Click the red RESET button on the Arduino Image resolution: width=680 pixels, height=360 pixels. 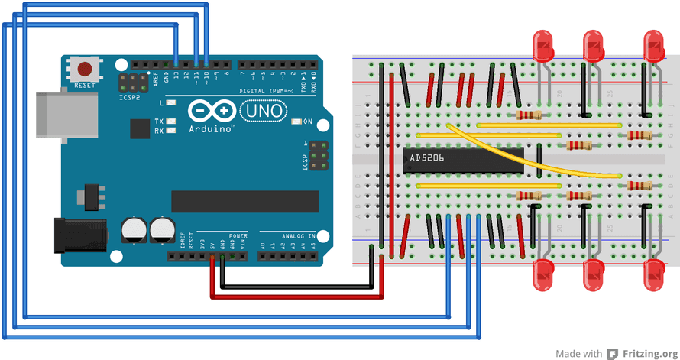click(x=83, y=70)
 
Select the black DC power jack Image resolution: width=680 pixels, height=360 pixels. click(x=73, y=235)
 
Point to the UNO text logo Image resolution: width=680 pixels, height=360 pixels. click(x=264, y=112)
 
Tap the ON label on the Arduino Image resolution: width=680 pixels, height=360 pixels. click(x=308, y=122)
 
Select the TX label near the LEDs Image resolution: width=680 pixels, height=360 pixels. click(x=159, y=122)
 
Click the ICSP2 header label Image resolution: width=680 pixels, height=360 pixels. click(x=129, y=98)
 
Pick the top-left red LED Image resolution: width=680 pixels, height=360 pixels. click(x=543, y=46)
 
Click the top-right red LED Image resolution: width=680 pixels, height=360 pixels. click(x=653, y=46)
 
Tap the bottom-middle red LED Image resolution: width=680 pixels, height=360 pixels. click(x=594, y=274)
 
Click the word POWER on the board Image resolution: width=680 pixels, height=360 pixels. click(x=237, y=236)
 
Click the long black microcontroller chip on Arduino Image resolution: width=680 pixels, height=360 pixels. click(x=244, y=201)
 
